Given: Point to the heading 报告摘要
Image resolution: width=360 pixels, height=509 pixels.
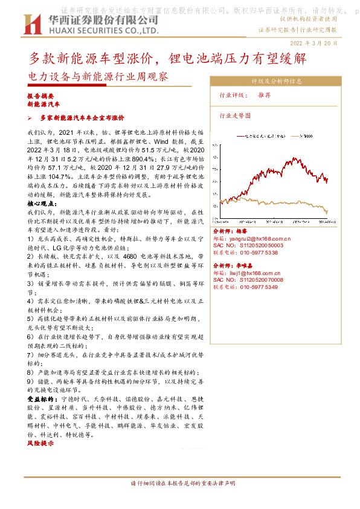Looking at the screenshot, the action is pos(40,97).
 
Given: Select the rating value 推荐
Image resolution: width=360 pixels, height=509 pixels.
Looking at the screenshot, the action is pos(264,96).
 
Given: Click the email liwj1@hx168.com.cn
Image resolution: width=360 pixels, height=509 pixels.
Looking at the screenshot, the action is pos(257,273).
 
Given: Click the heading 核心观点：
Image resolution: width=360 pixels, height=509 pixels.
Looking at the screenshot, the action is pos(41,205).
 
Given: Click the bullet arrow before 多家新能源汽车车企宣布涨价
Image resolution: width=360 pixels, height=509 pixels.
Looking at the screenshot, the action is pos(37,117).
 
